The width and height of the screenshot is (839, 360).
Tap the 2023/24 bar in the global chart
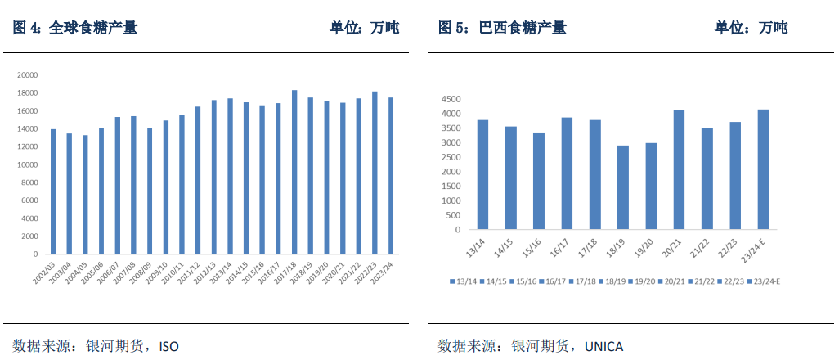[391, 176]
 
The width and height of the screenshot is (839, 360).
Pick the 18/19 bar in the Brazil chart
[623, 187]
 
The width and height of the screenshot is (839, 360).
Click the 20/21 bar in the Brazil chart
[679, 169]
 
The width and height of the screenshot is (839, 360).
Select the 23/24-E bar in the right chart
[763, 169]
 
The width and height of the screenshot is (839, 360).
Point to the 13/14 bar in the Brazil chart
[482, 174]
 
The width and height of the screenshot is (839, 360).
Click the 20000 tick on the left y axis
[27, 75]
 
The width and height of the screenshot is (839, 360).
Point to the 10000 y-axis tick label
[27, 164]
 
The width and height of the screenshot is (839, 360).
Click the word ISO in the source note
[168, 346]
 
